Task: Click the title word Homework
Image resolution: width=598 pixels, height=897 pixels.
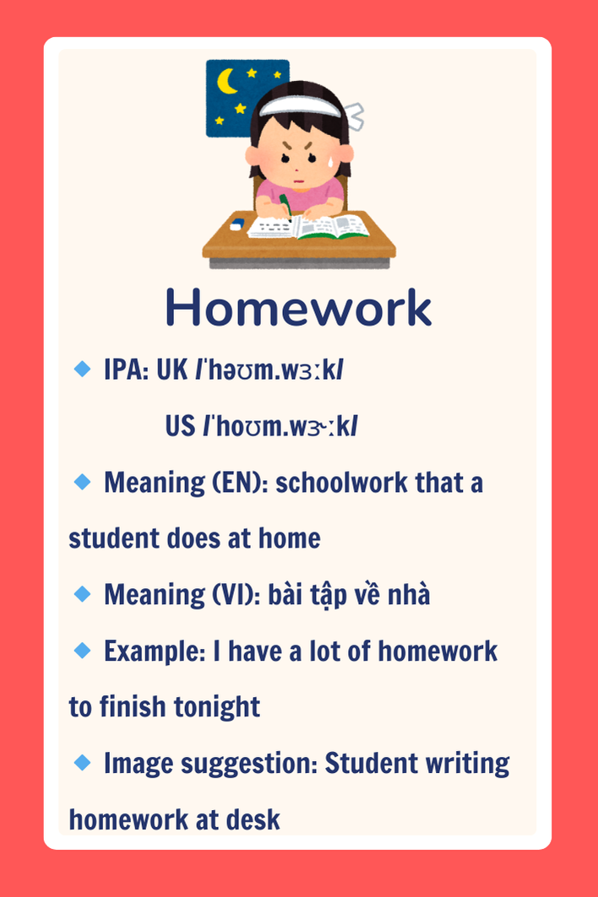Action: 298,308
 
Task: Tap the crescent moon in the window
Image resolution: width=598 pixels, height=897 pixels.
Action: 226,82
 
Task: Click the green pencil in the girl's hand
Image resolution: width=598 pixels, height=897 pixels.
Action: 285,207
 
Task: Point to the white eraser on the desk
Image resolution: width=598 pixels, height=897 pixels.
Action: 237,224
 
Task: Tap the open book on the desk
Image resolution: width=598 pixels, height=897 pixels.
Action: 308,226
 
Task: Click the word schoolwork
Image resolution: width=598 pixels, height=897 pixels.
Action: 342,482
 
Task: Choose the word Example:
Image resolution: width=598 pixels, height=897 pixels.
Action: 155,651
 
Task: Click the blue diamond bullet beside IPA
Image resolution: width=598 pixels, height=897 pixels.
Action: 83,369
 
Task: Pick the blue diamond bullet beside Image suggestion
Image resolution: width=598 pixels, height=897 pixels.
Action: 83,762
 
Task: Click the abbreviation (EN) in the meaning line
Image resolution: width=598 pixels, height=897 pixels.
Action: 236,482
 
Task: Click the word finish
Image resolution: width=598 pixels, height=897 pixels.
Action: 133,706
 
